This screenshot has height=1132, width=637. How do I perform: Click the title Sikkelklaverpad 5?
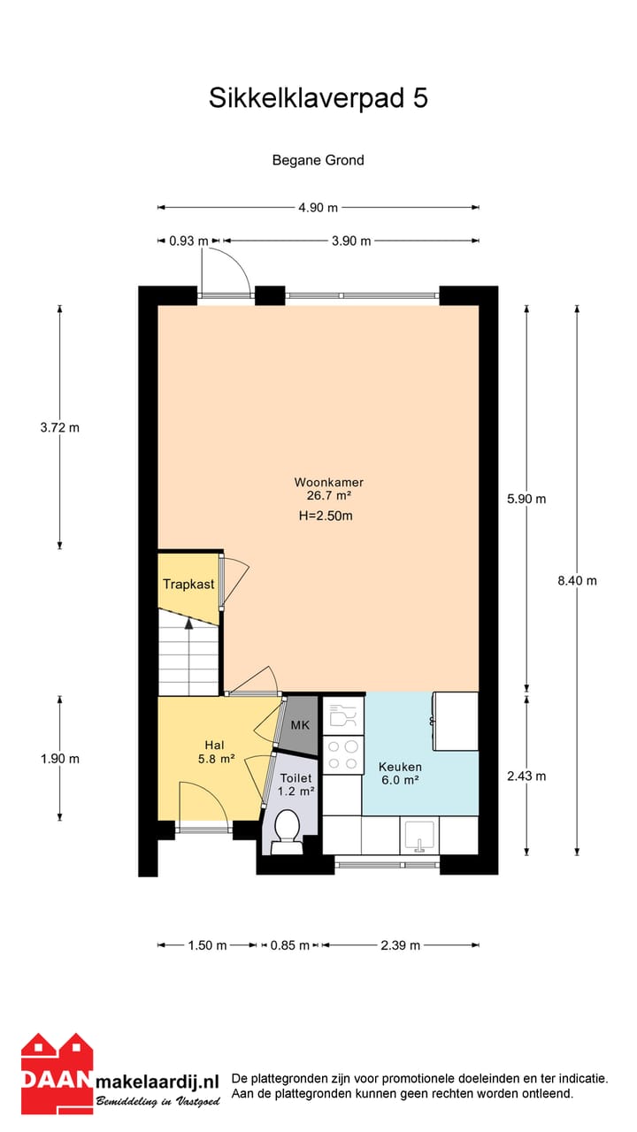[x=318, y=98]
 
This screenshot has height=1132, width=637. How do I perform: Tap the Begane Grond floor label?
[x=318, y=160]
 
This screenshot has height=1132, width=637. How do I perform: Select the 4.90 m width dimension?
[x=318, y=208]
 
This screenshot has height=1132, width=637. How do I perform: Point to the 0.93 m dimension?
[x=188, y=241]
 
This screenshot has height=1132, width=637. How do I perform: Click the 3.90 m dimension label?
[x=351, y=241]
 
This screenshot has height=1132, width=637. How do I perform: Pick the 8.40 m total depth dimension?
[x=577, y=581]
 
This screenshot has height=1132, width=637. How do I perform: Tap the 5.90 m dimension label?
[x=526, y=499]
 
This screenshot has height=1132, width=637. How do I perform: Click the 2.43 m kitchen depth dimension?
[x=526, y=776]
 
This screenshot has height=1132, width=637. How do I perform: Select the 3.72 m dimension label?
[x=60, y=428]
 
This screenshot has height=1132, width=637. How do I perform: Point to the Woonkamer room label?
[x=329, y=482]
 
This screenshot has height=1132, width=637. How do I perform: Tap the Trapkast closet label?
[x=188, y=585]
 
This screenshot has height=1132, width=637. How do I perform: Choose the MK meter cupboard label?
[x=300, y=725]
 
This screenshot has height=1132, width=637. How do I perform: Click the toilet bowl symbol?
[x=287, y=831]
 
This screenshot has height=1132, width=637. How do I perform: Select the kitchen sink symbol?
[x=419, y=835]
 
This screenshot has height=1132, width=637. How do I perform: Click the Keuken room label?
[x=400, y=767]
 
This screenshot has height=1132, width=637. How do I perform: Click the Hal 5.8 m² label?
[x=215, y=751]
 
